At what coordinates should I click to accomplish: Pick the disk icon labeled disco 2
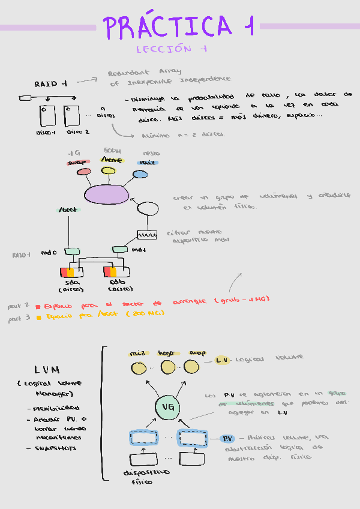click(71, 115)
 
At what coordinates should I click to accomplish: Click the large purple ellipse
click(107, 194)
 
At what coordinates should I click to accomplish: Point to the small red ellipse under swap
click(83, 172)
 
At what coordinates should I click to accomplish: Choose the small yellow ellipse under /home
click(108, 171)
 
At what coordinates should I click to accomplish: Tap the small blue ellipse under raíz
click(140, 174)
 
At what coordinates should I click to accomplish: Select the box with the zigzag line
click(147, 235)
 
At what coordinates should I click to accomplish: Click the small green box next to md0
click(72, 251)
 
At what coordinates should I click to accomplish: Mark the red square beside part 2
click(38, 306)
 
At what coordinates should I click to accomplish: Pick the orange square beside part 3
click(38, 317)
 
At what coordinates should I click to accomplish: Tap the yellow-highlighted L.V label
click(221, 360)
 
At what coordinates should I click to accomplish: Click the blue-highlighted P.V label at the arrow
click(227, 438)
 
